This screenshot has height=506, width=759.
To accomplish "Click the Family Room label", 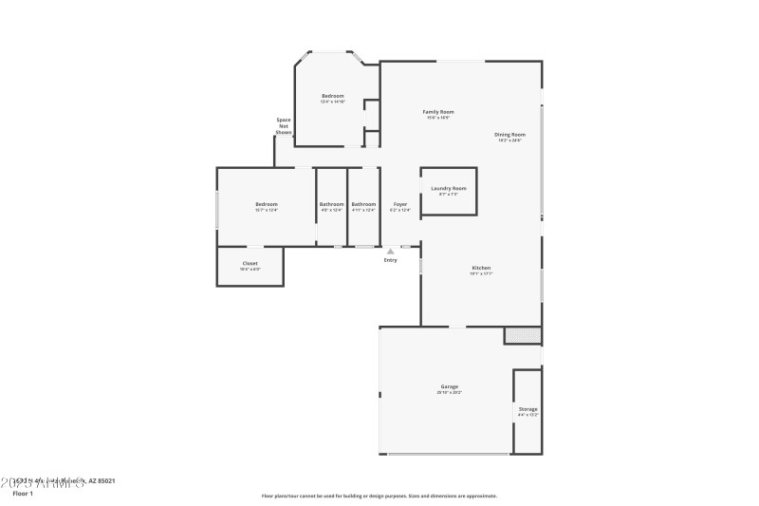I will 438,112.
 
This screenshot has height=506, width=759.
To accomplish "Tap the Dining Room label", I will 509,135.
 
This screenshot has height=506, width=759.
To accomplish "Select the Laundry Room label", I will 449,188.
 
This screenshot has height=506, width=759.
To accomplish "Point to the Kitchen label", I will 481,268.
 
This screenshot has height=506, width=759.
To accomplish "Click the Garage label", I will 449,386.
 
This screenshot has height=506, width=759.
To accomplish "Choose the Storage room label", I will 528,409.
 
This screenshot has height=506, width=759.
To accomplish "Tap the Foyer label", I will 400,204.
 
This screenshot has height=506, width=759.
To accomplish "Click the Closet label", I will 250,263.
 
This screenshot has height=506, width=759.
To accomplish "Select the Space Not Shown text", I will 283,125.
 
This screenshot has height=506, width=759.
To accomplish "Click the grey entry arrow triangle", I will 390,252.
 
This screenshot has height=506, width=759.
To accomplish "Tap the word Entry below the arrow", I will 390,260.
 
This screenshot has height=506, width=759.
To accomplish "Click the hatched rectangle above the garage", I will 522,334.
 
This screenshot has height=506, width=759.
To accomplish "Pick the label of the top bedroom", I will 332,96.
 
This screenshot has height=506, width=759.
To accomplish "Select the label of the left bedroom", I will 266,204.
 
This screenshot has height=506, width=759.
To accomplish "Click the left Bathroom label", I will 331,204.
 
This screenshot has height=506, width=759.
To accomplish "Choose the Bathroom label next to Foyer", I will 363,204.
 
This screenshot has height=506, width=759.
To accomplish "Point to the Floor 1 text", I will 23,494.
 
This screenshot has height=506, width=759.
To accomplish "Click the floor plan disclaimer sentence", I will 379,496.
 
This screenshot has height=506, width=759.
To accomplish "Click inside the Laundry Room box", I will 449,202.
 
